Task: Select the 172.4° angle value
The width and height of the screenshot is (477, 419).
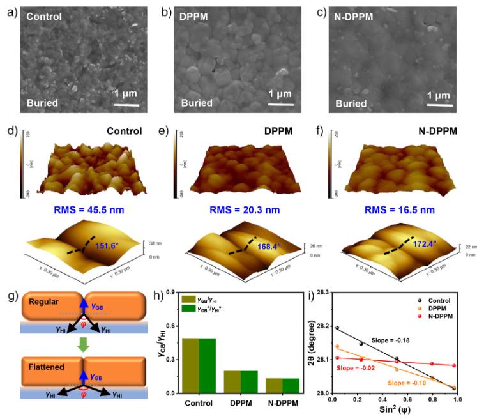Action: pos(422,243)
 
